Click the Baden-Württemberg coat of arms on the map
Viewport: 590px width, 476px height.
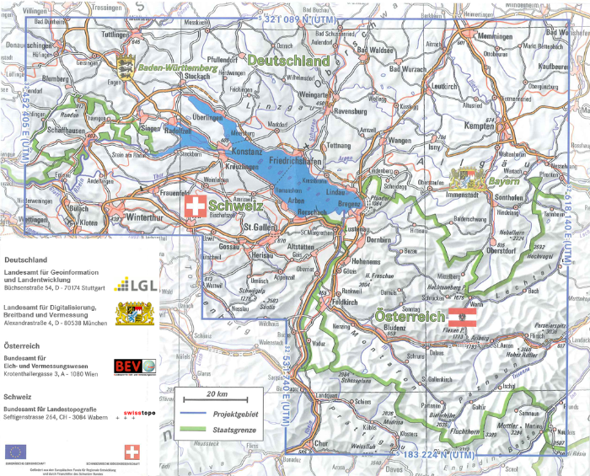tap(125, 64)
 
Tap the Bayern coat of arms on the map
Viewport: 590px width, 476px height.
tap(465, 179)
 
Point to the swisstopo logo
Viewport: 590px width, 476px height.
tap(134, 414)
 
